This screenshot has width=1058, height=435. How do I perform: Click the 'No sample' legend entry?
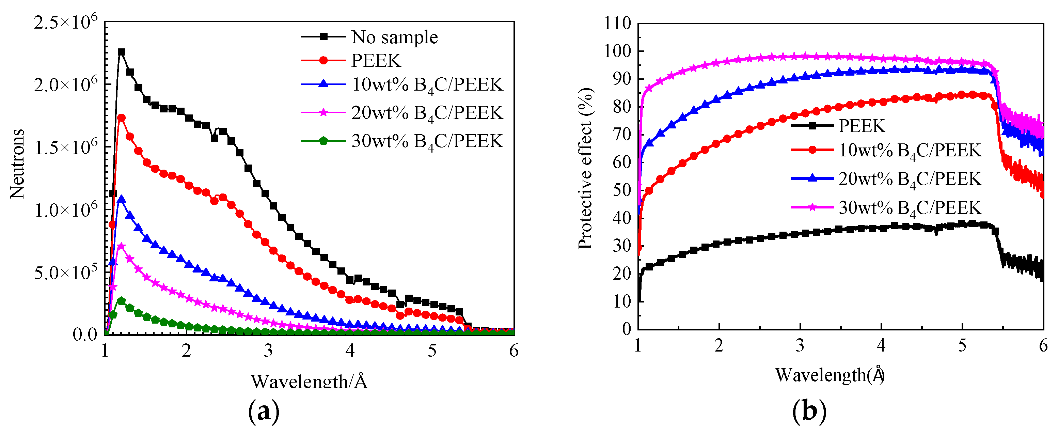[394, 37]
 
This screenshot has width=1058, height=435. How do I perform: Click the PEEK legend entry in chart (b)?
[861, 126]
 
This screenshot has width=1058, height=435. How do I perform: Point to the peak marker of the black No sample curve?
[121, 52]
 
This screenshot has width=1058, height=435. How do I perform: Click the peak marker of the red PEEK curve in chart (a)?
[121, 118]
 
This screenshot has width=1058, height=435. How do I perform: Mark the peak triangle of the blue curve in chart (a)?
[121, 199]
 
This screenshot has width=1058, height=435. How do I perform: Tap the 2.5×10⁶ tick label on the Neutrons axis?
[66, 22]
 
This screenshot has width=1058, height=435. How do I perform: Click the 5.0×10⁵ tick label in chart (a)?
[66, 272]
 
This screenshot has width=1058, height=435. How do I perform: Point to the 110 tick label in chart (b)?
[617, 24]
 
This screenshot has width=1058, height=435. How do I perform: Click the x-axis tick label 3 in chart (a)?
[268, 351]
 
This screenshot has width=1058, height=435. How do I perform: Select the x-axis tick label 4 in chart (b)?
[881, 346]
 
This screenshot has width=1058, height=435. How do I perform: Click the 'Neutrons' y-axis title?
[17, 164]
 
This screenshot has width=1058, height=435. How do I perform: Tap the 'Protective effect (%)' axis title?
[585, 168]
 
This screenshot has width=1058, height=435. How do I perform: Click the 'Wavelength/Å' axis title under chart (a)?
[309, 381]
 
